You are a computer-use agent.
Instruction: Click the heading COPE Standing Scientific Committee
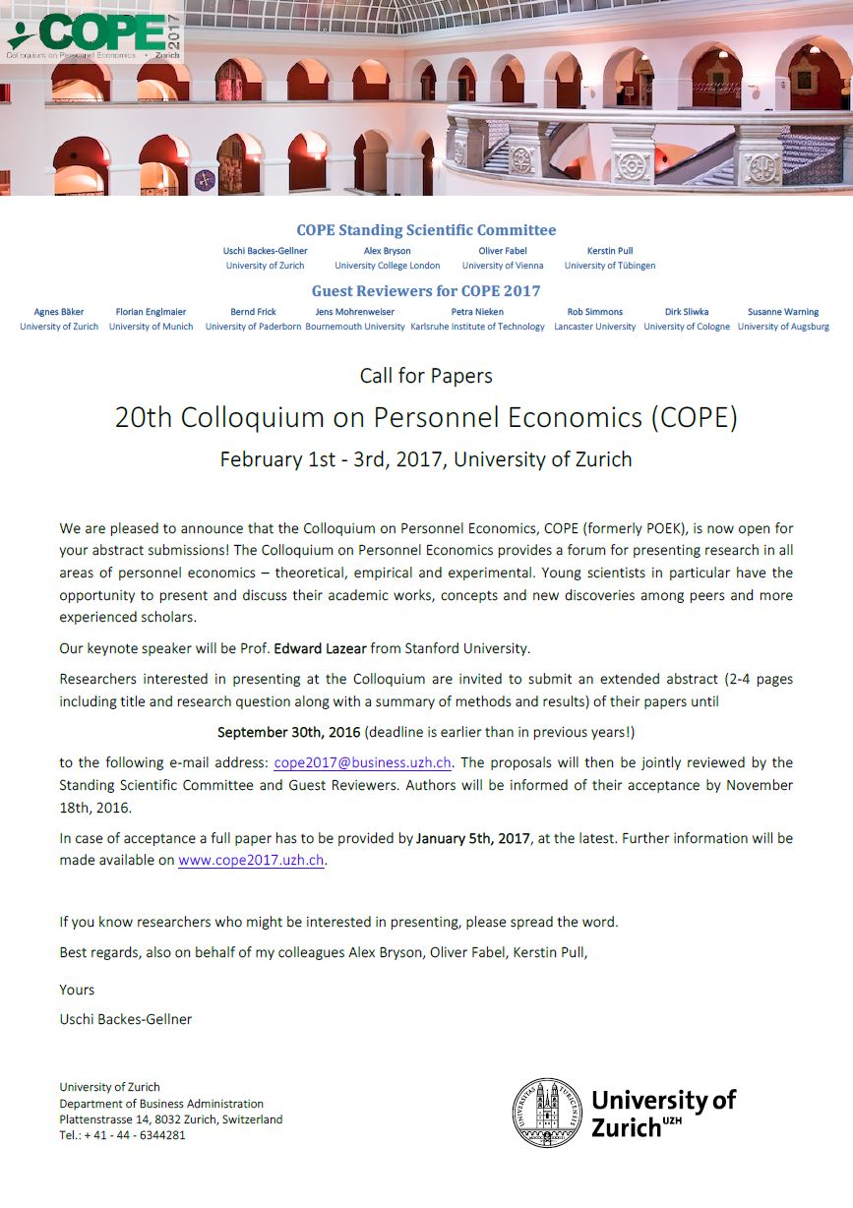pyautogui.click(x=426, y=230)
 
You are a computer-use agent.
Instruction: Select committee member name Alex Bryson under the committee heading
pyautogui.click(x=388, y=251)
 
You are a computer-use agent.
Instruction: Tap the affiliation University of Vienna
pyautogui.click(x=503, y=266)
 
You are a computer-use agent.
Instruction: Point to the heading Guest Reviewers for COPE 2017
pyautogui.click(x=426, y=291)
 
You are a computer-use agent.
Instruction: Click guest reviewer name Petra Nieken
pyautogui.click(x=477, y=312)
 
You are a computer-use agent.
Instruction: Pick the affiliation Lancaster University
pyautogui.click(x=595, y=327)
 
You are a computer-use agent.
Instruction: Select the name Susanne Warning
pyautogui.click(x=783, y=312)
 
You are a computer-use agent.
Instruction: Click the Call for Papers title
pyautogui.click(x=426, y=375)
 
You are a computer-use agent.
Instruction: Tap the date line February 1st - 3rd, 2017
pyautogui.click(x=426, y=459)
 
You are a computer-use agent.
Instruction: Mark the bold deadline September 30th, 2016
pyautogui.click(x=288, y=732)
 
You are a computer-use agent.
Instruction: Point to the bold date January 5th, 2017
pyautogui.click(x=472, y=838)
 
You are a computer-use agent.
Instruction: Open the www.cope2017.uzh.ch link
pyautogui.click(x=251, y=860)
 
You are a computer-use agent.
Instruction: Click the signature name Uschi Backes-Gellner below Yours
pyautogui.click(x=126, y=1019)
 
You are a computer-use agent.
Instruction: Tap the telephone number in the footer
pyautogui.click(x=122, y=1134)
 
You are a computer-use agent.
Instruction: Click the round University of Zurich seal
pyautogui.click(x=546, y=1112)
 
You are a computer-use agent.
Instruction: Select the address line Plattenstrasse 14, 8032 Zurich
pyautogui.click(x=170, y=1119)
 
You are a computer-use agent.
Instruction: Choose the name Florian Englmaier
pyautogui.click(x=151, y=312)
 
